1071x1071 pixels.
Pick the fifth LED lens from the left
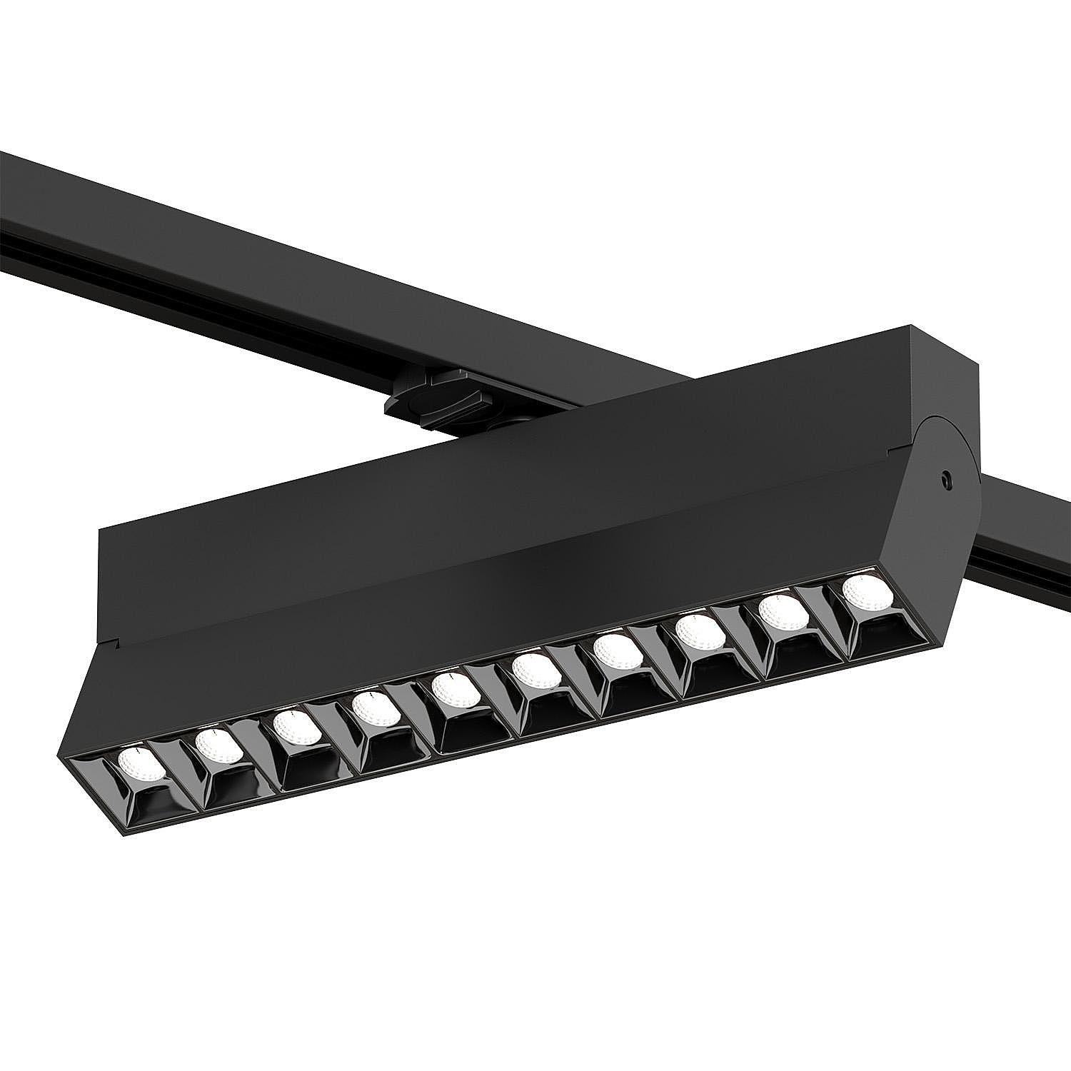[x=455, y=690]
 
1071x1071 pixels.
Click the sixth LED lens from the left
[x=535, y=670]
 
